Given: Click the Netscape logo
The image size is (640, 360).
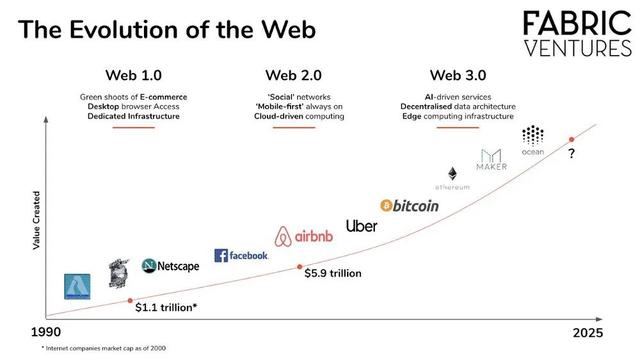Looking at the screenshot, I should pos(170,266).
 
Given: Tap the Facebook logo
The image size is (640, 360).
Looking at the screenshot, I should pos(241,256).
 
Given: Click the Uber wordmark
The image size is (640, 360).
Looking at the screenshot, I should pos(361,226).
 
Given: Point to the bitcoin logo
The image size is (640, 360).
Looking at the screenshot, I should pos(409,205).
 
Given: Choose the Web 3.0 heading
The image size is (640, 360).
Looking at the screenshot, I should pos(459,75).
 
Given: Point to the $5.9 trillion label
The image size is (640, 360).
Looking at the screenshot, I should pos(333,273).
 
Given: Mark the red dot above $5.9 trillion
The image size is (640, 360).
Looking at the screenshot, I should pos(300,266).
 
